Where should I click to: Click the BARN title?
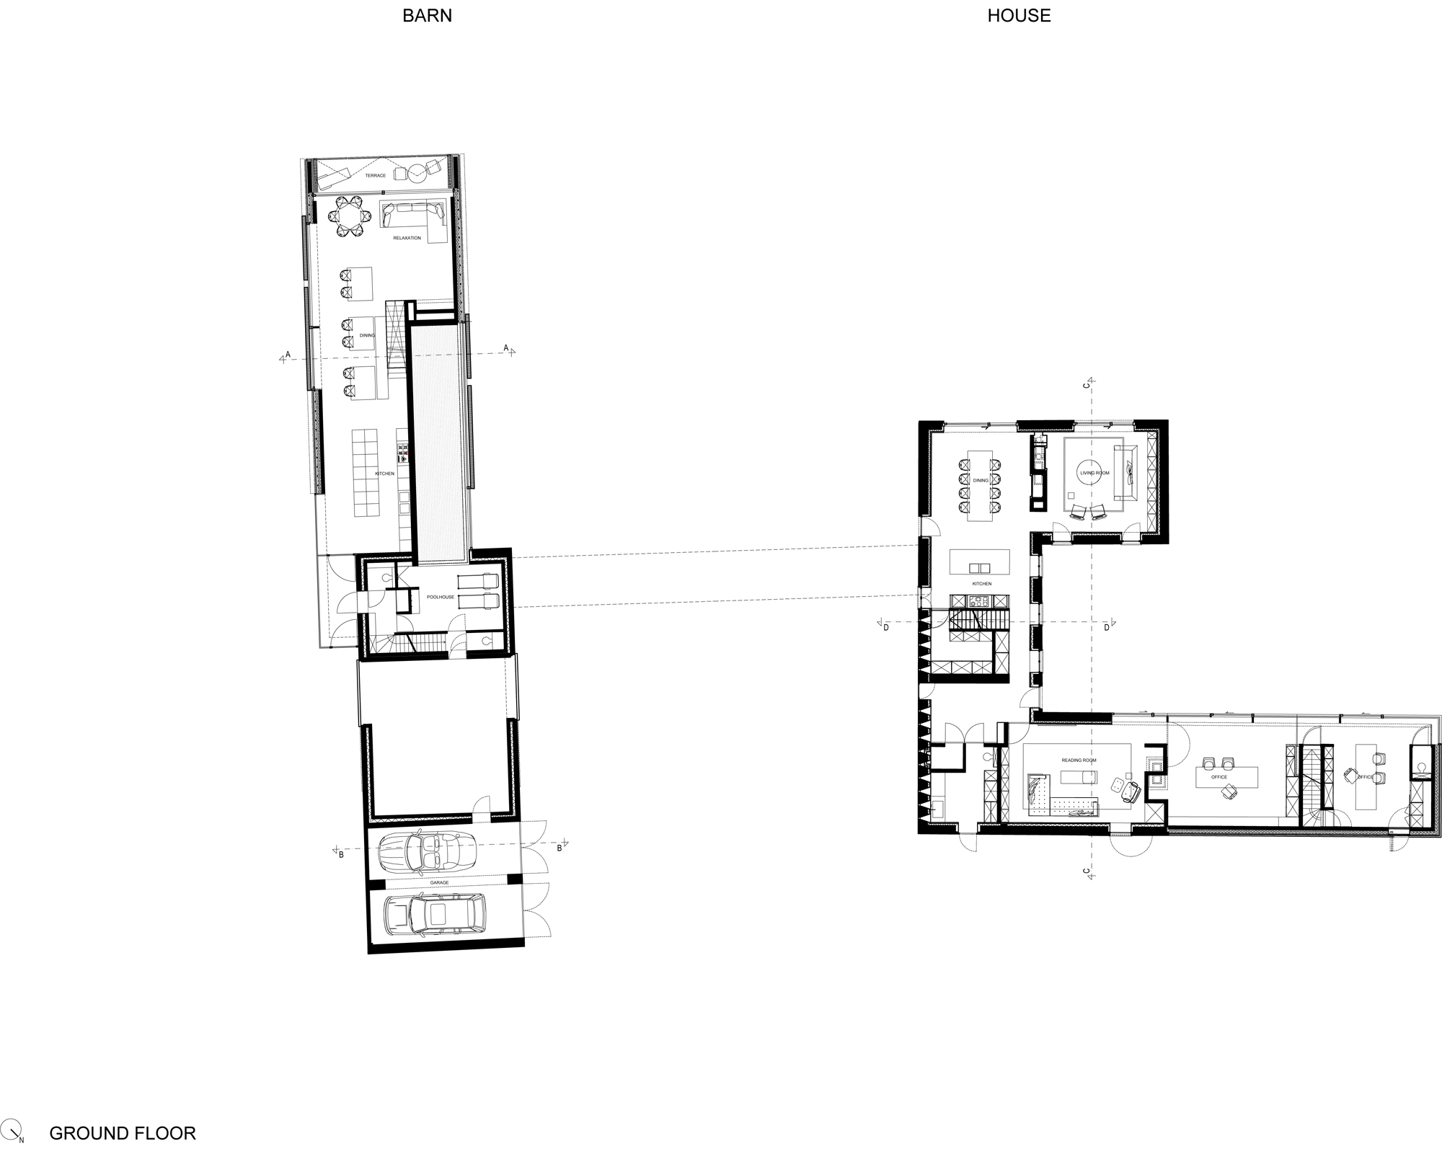(x=427, y=16)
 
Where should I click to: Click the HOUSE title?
(x=1018, y=16)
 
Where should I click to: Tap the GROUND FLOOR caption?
(x=123, y=1133)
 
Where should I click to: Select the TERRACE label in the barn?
(x=375, y=176)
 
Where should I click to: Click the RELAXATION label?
(x=407, y=238)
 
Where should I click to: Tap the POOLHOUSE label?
(x=441, y=597)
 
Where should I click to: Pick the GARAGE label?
(x=439, y=882)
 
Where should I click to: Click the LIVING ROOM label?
(x=1094, y=473)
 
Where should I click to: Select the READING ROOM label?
(x=1079, y=760)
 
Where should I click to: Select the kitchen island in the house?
(x=980, y=562)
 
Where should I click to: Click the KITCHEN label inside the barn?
(x=384, y=474)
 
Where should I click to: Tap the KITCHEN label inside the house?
(x=981, y=584)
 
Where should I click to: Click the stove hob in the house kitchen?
(x=979, y=601)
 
